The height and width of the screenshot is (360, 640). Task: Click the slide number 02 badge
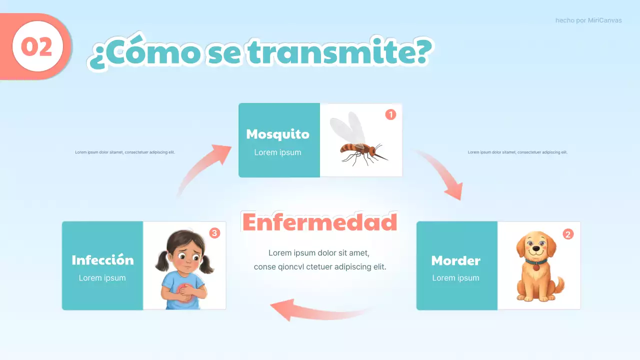point(37,47)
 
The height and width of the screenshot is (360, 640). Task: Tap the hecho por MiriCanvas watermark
point(588,20)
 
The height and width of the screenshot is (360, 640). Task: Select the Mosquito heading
point(277,134)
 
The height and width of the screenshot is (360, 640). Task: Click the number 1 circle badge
point(390,114)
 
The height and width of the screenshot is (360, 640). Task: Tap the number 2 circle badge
point(568,234)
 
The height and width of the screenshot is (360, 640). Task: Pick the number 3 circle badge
point(214,233)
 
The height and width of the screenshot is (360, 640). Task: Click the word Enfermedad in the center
point(319,222)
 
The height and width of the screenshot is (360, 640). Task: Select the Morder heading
point(455,260)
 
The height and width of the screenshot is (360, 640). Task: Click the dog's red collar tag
point(536,267)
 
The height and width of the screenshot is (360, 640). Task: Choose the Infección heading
point(102,260)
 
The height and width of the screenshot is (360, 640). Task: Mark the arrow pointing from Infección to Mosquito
point(202,168)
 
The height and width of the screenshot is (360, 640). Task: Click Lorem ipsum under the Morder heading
point(455,278)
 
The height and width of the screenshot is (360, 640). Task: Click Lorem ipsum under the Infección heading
point(102,278)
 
